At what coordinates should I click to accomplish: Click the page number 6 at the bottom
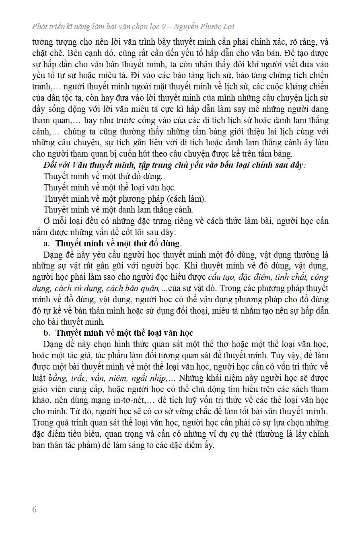34,510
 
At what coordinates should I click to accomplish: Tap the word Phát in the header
40,27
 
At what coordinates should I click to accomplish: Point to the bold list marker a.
46,244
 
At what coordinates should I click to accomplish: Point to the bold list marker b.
46,333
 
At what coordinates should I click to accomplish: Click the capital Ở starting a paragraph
47,221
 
